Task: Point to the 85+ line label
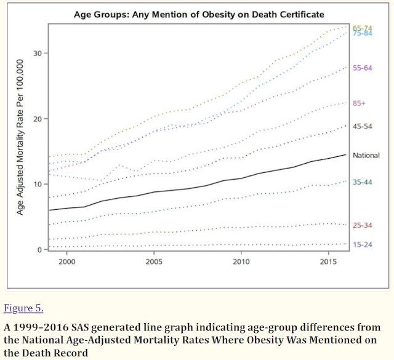tap(360, 104)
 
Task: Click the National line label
tap(366, 156)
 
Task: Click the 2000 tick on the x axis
tap(66, 262)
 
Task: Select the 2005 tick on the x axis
tap(153, 262)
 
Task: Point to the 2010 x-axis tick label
tap(241, 262)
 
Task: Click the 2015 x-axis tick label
tap(328, 262)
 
